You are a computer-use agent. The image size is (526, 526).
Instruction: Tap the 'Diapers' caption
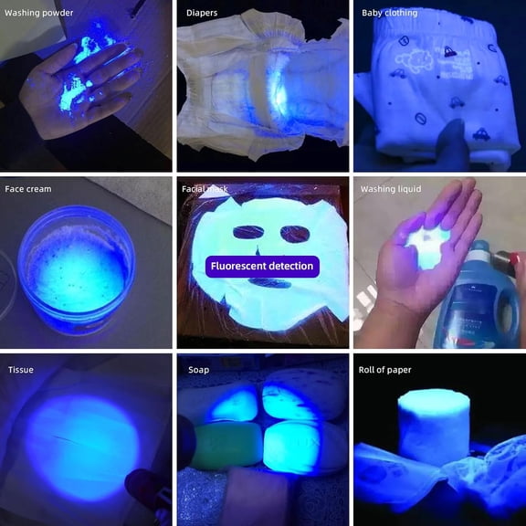202,13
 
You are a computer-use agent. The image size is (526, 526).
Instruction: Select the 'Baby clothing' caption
389,13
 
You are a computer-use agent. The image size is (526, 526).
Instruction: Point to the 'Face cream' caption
28,189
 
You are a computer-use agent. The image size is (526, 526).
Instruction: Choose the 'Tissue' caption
21,370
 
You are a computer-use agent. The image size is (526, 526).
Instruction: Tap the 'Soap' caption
198,370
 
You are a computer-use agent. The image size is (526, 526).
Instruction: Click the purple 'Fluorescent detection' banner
262,267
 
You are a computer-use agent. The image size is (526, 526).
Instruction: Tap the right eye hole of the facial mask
295,235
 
